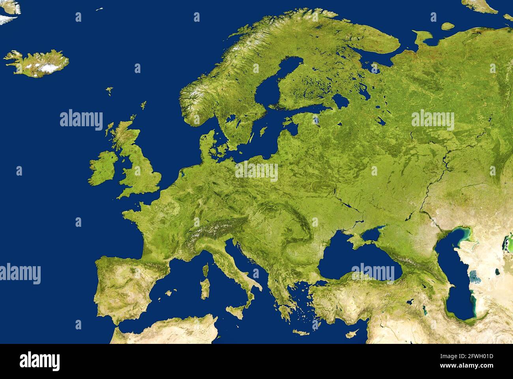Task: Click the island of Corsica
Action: click(205, 270)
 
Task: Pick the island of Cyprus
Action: click(350, 334)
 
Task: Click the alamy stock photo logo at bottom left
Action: click(40, 361)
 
